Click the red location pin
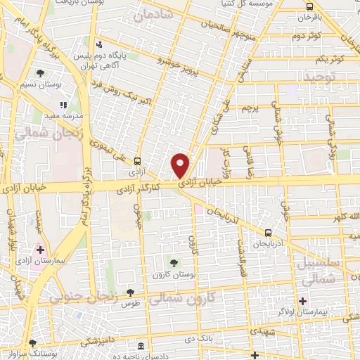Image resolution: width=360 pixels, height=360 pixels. click(x=181, y=165)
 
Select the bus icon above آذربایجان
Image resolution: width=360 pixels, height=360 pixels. click(x=267, y=233)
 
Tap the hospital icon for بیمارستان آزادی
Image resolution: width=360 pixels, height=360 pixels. click(x=41, y=250)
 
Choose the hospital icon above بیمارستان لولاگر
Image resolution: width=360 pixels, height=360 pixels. click(x=302, y=300)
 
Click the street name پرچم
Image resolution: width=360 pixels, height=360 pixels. click(x=251, y=108)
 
